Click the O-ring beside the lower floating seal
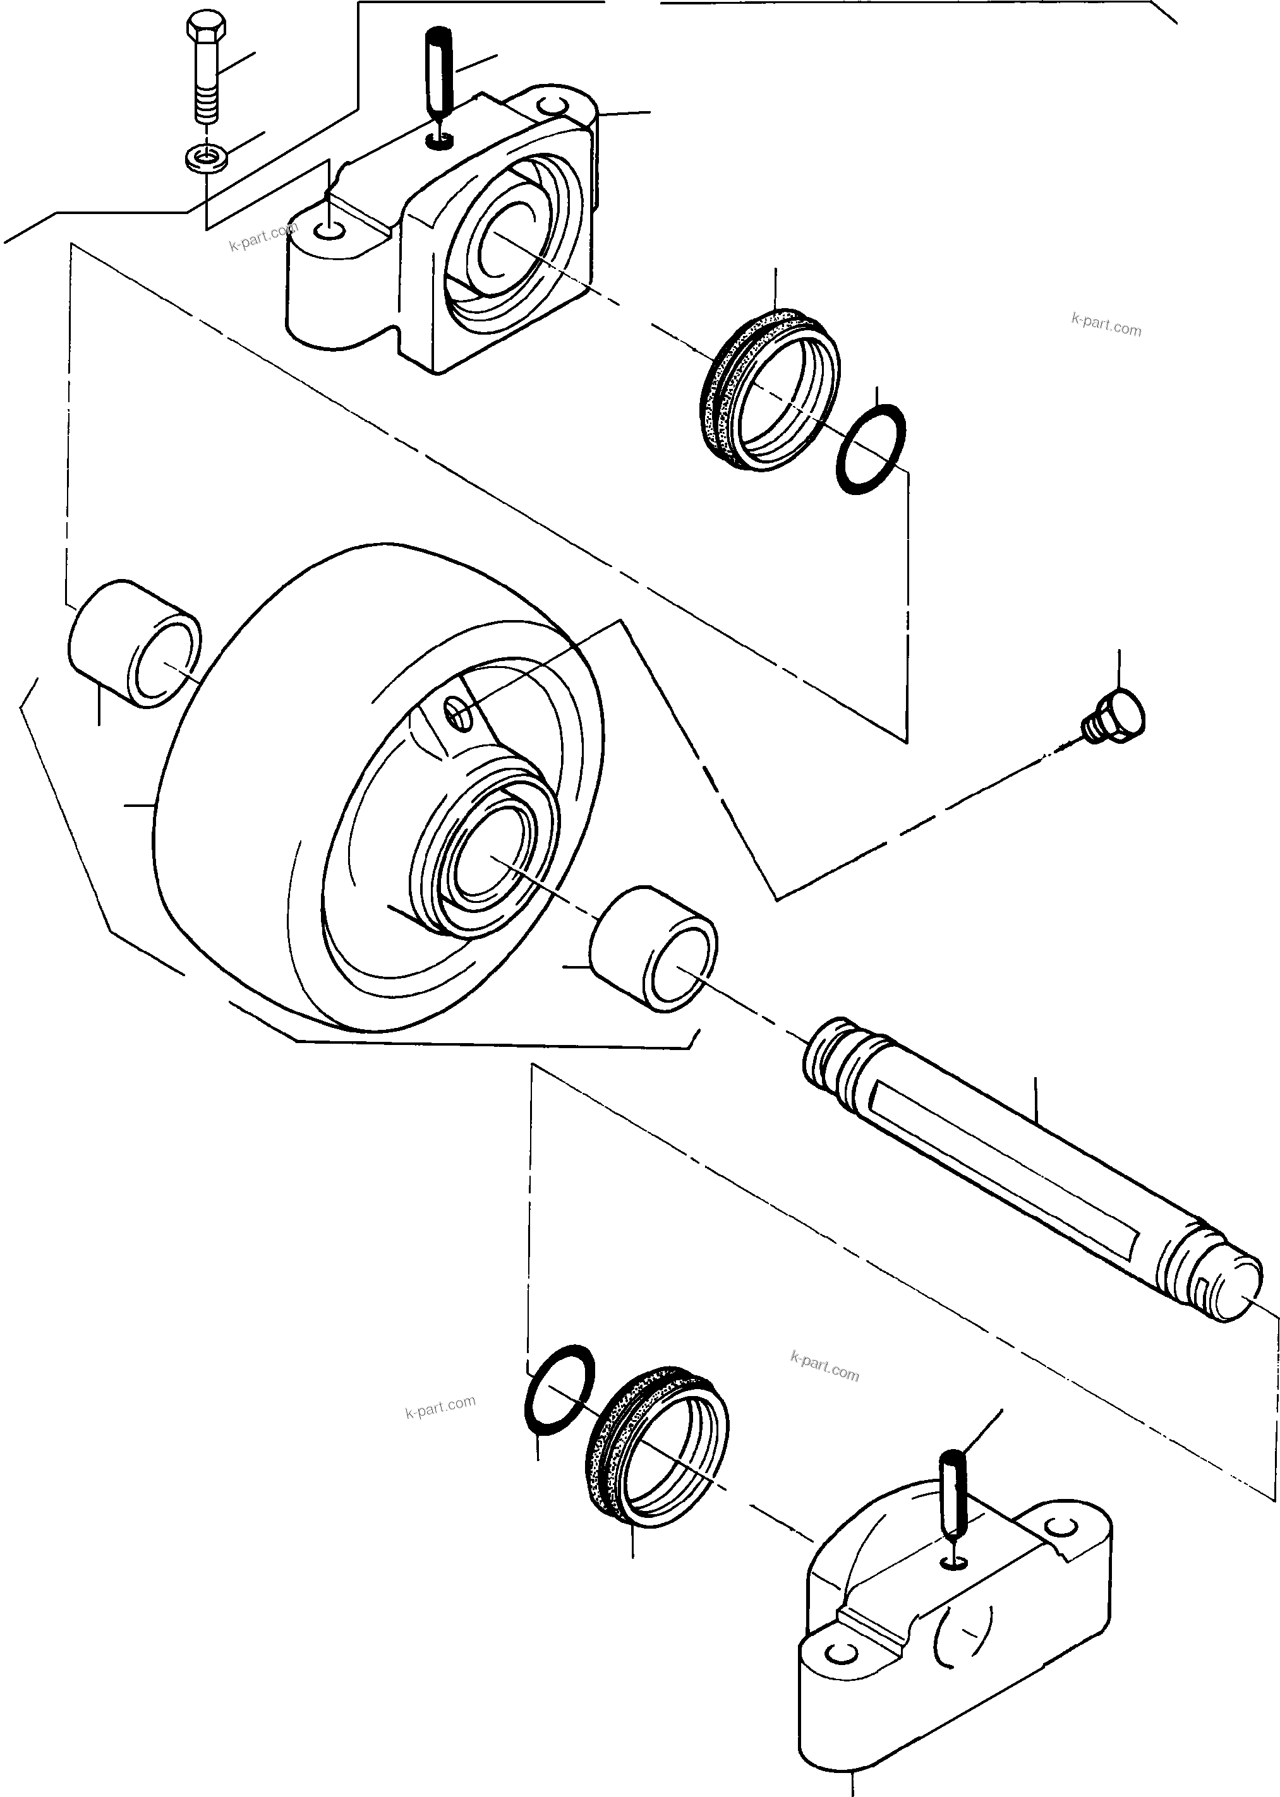pos(559,1391)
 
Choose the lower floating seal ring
pos(658,1448)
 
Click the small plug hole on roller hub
pos(459,715)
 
